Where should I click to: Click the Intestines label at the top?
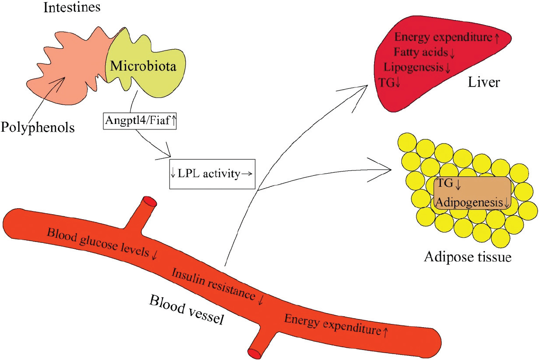tap(72, 8)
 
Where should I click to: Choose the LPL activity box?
tap(212, 173)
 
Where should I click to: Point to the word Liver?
tap(483, 82)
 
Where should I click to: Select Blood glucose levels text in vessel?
tap(101, 243)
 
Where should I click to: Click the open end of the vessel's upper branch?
tap(150, 201)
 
